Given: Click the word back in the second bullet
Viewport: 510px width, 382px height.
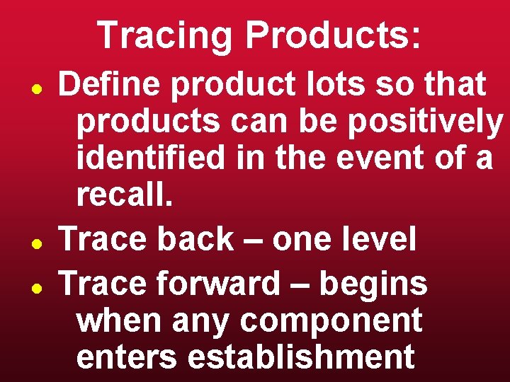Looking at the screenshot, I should tap(195, 240).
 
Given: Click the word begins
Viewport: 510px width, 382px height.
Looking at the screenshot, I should tap(373, 284).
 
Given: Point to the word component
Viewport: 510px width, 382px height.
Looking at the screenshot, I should tap(331, 322).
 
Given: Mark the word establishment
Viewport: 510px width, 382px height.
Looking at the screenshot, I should tap(301, 357).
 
